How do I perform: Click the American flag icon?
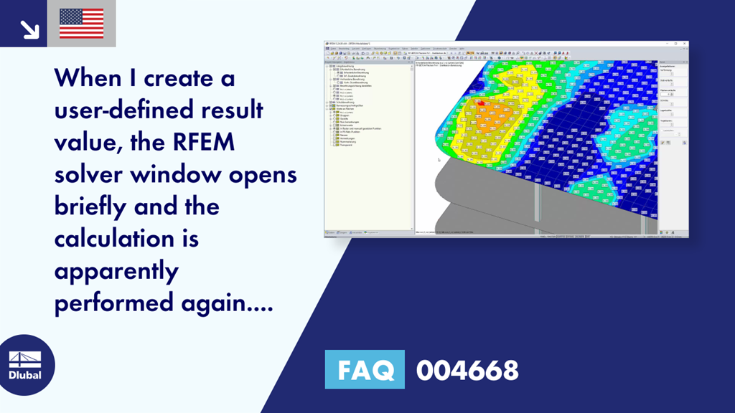pos(81,23)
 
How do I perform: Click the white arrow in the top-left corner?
pos(29,29)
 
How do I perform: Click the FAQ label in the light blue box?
pos(365,370)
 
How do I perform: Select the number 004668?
pos(467,371)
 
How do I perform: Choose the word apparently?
pos(116,272)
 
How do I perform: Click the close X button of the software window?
pos(685,44)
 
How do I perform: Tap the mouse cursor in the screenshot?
pos(439,159)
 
